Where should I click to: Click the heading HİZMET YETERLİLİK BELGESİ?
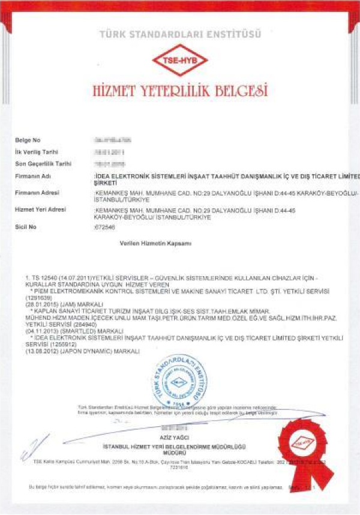coord(179,91)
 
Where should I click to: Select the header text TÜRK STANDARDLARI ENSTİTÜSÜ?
coord(179,35)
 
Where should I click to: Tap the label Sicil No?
coord(26,227)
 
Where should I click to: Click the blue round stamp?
coord(178,382)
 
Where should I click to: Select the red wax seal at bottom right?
coord(305,445)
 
